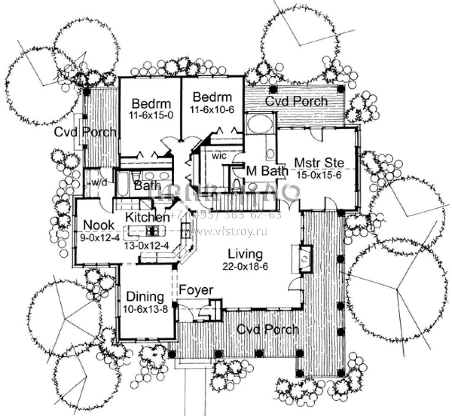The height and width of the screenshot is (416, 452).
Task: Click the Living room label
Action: tap(245, 253)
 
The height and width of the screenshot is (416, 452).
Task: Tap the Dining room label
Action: tap(145, 297)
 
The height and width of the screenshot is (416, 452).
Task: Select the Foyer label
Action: tap(196, 290)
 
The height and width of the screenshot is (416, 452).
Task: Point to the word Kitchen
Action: tap(147, 217)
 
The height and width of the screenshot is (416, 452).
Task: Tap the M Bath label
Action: tap(267, 170)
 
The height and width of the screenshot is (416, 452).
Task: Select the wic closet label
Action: tap(218, 156)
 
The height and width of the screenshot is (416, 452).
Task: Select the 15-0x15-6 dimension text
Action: tap(319, 175)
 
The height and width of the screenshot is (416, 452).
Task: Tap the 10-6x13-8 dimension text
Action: tap(145, 310)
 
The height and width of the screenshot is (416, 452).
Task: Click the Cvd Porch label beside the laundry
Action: tap(85, 132)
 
